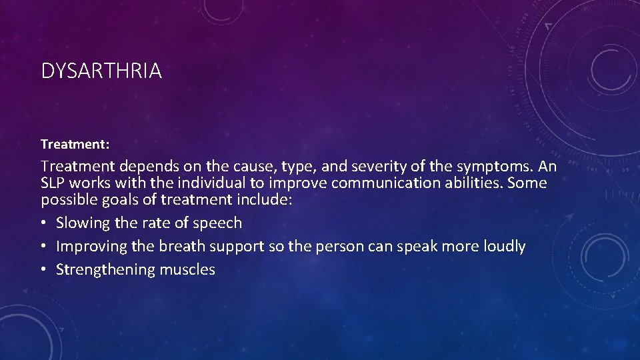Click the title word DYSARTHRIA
pos(101,71)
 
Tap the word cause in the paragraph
pos(257,166)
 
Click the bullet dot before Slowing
pos(44,223)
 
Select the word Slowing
pos(83,223)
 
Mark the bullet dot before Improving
pos(44,247)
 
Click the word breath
pos(183,246)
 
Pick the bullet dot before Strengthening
pos(44,270)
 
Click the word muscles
pos(187,269)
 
